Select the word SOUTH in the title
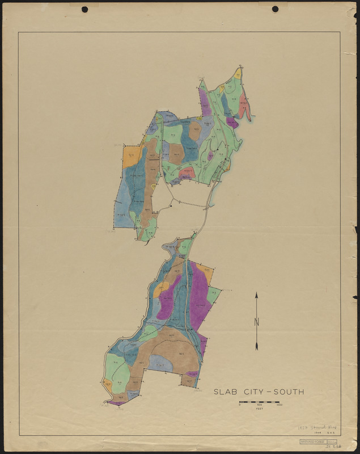point(287,392)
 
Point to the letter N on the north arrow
point(256,322)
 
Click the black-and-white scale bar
point(260,402)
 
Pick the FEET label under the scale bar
point(260,409)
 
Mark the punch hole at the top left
point(85,9)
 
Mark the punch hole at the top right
point(276,9)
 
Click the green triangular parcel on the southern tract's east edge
point(213,294)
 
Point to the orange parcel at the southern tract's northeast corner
point(205,273)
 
